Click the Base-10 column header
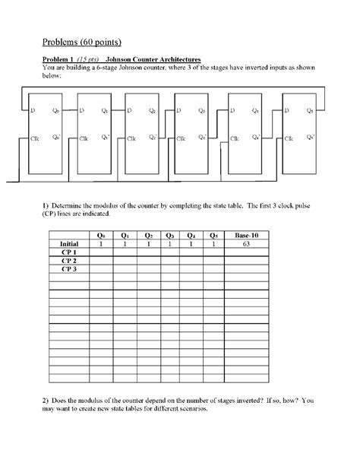coord(248,236)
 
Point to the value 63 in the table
coord(248,244)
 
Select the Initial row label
coord(69,244)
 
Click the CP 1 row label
coord(69,252)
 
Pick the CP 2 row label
coord(69,261)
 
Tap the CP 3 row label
coord(69,269)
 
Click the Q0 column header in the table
coord(101,236)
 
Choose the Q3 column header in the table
coord(170,236)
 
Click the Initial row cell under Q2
coord(147,244)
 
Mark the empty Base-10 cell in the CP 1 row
coord(248,252)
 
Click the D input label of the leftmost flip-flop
coord(33,111)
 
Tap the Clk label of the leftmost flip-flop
coord(36,139)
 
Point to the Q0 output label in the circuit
coord(57,111)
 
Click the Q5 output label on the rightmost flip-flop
coord(309,111)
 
